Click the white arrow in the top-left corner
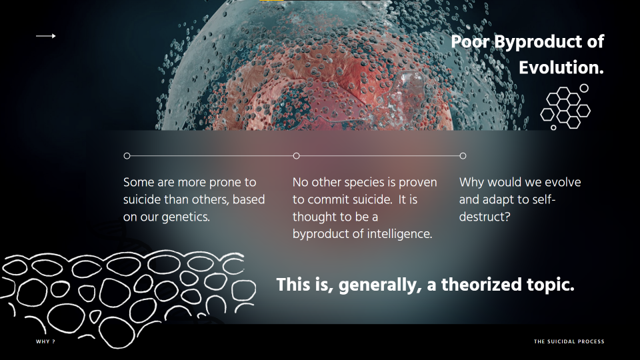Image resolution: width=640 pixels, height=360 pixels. [x=46, y=36]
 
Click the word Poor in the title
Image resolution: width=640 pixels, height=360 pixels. [x=471, y=41]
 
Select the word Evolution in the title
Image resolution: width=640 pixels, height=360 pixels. [x=559, y=67]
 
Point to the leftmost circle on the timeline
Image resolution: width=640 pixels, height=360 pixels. [x=127, y=156]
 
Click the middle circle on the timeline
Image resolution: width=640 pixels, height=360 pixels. [x=296, y=156]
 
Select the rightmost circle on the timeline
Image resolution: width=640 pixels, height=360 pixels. [x=463, y=156]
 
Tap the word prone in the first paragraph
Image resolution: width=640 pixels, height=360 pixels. [x=226, y=183]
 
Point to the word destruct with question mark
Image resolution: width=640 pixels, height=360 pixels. [x=485, y=217]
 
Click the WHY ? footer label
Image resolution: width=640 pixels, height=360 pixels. [x=45, y=341]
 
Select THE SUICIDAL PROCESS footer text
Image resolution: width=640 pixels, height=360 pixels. [x=569, y=341]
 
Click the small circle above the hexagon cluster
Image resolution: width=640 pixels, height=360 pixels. [x=584, y=88]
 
